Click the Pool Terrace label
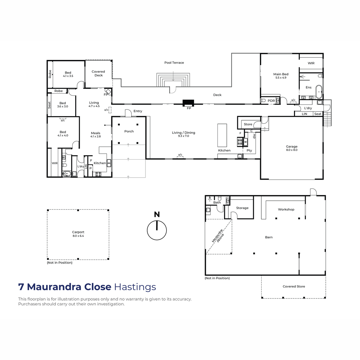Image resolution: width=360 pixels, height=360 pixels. pyautogui.click(x=174, y=63)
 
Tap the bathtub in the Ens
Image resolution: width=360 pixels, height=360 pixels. pyautogui.click(x=319, y=92)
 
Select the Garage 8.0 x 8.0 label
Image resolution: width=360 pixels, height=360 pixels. pyautogui.click(x=291, y=148)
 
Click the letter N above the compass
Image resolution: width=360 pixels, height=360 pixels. pyautogui.click(x=157, y=214)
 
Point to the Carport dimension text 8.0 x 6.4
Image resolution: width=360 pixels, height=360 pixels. pyautogui.click(x=78, y=236)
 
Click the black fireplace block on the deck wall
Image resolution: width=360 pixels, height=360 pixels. pyautogui.click(x=188, y=103)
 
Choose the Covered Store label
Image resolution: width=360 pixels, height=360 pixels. pyautogui.click(x=294, y=286)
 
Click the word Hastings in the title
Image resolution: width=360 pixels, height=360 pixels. pyautogui.click(x=135, y=287)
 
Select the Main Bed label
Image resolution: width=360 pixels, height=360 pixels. pyautogui.click(x=281, y=74)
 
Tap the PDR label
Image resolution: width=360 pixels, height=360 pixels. pyautogui.click(x=271, y=101)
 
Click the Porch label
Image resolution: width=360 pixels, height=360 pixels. pyautogui.click(x=129, y=131)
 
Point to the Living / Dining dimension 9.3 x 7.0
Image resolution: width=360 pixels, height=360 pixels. pyautogui.click(x=184, y=136)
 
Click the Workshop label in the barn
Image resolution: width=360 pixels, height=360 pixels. pyautogui.click(x=286, y=209)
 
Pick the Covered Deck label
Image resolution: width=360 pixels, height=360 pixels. pyautogui.click(x=98, y=73)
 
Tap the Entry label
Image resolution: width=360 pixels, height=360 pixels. pyautogui.click(x=138, y=111)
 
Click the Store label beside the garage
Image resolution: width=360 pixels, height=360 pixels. pyautogui.click(x=248, y=124)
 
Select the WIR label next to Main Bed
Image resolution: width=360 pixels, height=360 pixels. pyautogui.click(x=311, y=63)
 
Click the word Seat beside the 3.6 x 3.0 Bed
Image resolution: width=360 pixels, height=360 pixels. pyautogui.click(x=49, y=105)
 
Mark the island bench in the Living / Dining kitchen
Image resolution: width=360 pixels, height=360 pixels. pyautogui.click(x=222, y=135)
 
